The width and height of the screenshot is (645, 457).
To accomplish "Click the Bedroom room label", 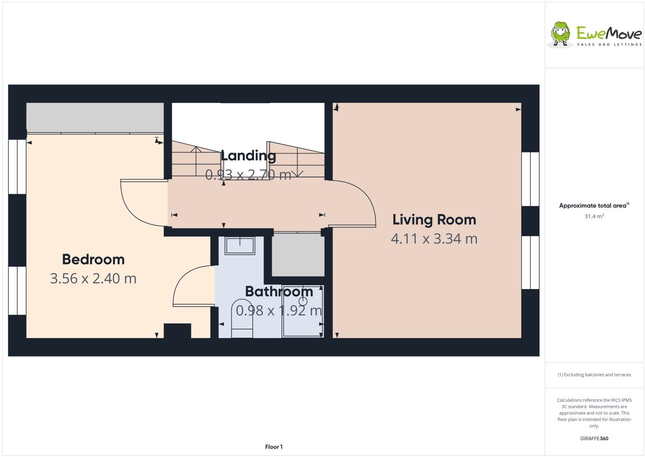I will (x=93, y=259).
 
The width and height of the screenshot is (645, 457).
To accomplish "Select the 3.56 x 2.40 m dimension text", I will (x=93, y=278).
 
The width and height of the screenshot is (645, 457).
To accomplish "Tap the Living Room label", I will (x=434, y=220).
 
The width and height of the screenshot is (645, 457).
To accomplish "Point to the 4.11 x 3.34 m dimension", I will (x=434, y=238).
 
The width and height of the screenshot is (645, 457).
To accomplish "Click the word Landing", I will (x=248, y=156).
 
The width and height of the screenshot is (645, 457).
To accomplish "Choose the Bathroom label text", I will (x=279, y=292).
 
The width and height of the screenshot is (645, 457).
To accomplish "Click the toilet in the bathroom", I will (x=242, y=319).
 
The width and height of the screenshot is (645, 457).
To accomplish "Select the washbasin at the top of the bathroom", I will (x=240, y=246).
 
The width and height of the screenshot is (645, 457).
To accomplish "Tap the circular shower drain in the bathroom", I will (x=303, y=301).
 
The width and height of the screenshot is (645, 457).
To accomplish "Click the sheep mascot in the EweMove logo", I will (x=561, y=34).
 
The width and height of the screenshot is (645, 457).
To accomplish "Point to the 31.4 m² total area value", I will (x=594, y=216).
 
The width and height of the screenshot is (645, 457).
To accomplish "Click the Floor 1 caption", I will (x=274, y=447).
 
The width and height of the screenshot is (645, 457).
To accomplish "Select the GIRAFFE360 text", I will (x=594, y=438).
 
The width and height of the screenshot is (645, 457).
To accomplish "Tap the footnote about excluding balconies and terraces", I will (x=594, y=374).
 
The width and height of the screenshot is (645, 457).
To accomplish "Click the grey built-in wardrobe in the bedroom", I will (x=95, y=117).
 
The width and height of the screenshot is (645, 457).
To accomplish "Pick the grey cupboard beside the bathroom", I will (x=298, y=254).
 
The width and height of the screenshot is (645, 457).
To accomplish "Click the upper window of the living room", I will (x=530, y=179).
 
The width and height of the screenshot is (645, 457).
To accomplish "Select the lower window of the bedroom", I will (x=17, y=290).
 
